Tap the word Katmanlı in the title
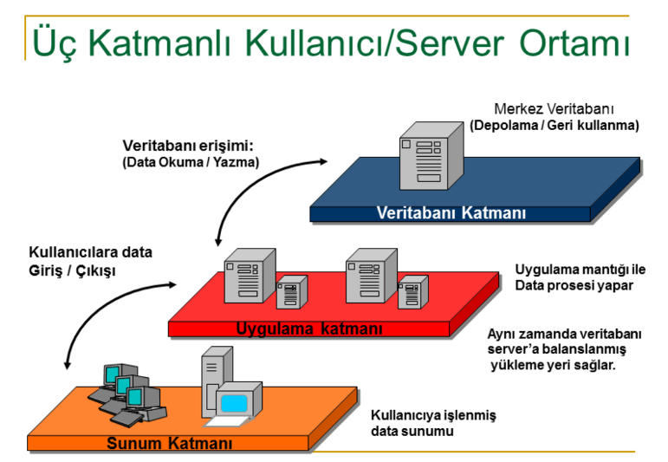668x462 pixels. click(160, 42)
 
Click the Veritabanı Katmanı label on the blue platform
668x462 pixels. click(451, 212)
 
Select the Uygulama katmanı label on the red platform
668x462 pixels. click(309, 329)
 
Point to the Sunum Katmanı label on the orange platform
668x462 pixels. click(170, 443)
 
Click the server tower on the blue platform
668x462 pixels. click(431, 155)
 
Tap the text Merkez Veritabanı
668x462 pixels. click(554, 109)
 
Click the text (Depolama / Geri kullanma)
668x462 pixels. click(555, 126)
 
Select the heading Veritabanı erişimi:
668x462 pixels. click(188, 146)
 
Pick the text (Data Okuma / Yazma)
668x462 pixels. click(191, 162)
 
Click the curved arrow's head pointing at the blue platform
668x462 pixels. click(323, 161)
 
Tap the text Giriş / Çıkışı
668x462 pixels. click(72, 270)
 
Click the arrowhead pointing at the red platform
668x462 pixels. click(172, 284)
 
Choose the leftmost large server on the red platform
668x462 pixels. click(250, 276)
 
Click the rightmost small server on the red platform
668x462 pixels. click(412, 292)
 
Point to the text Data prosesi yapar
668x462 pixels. click(574, 285)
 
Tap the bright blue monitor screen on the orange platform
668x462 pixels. click(234, 403)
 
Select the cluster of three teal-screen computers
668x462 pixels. click(127, 395)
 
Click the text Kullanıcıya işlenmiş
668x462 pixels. click(433, 415)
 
